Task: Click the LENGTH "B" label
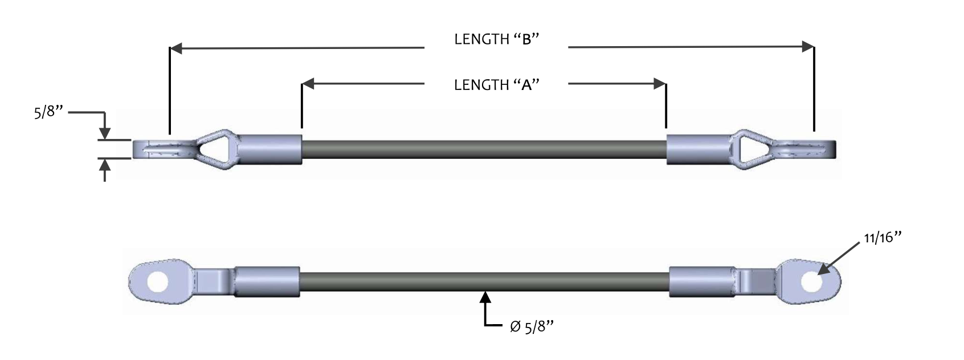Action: [497, 39]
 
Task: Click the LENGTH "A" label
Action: [497, 85]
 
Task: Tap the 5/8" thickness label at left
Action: [48, 112]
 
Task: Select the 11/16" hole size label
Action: [882, 238]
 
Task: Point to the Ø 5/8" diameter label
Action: [532, 326]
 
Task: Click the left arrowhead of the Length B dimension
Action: [177, 48]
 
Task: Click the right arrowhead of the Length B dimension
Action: [808, 47]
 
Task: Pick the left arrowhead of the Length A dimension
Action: [308, 83]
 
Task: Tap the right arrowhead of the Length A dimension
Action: [660, 83]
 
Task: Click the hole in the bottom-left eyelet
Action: [157, 282]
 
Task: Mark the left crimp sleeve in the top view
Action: [270, 149]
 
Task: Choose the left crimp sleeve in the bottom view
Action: [267, 282]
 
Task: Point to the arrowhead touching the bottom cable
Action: [485, 297]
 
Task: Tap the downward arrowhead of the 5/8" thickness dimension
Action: [105, 134]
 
